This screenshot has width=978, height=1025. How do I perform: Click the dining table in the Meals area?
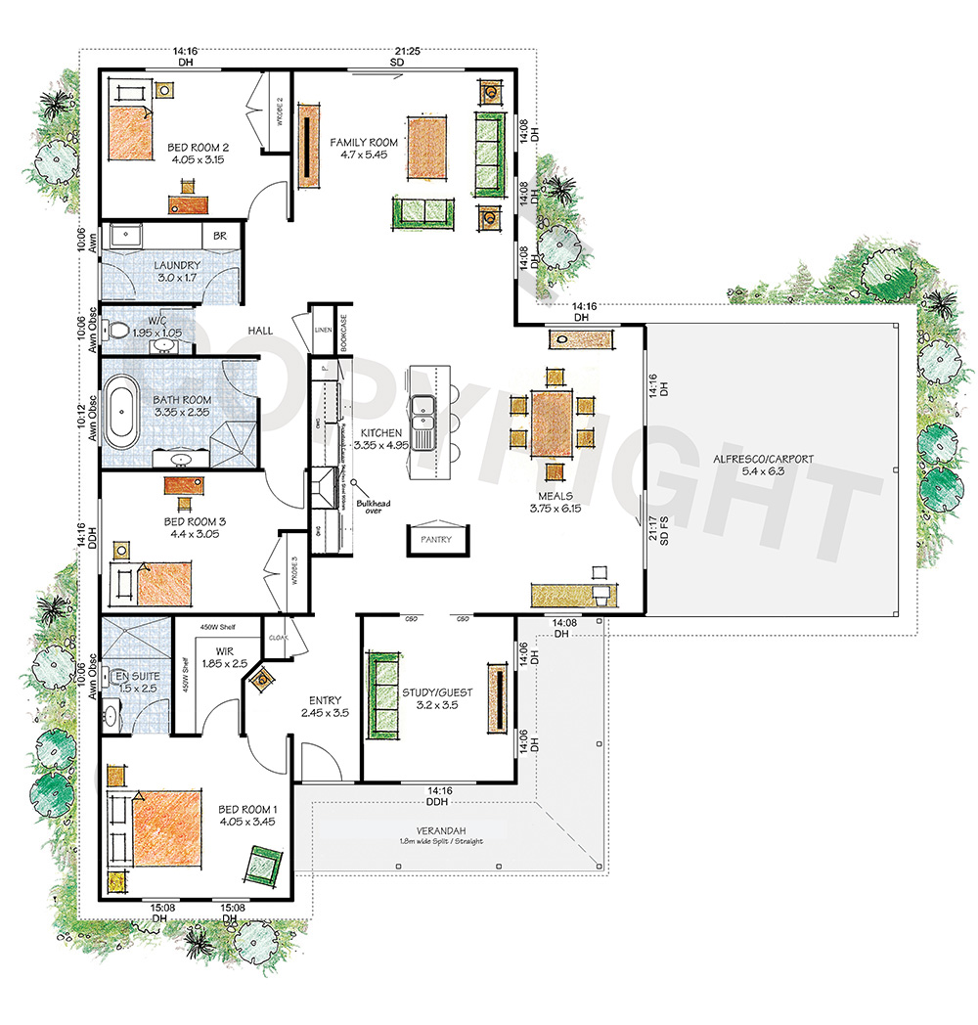[x=553, y=423]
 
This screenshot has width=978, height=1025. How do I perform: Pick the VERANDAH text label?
[x=440, y=830]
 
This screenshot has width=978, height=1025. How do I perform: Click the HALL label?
[x=260, y=332]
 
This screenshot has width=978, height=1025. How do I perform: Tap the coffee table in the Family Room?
[x=426, y=152]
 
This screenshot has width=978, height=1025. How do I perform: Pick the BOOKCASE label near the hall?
[x=344, y=333]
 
